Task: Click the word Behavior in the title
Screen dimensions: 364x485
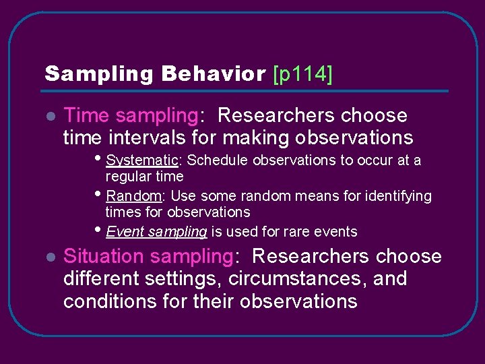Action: click(x=214, y=74)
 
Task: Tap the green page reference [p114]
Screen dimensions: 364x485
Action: click(x=302, y=74)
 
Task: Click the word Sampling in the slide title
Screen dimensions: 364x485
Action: click(x=99, y=74)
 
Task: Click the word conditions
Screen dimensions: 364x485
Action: click(x=110, y=301)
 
